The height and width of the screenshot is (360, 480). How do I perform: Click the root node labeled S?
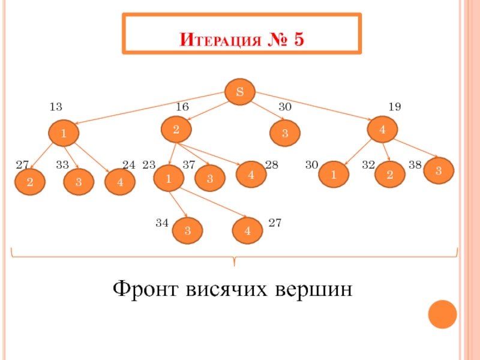click(240, 92)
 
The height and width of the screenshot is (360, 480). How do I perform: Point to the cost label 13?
click(56, 107)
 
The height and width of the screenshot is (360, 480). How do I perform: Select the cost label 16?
click(182, 107)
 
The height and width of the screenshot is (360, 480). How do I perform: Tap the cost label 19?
click(394, 107)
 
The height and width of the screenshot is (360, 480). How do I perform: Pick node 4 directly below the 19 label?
click(382, 129)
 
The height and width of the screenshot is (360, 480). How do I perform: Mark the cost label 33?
click(62, 164)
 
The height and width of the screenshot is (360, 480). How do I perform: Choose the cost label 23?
click(149, 164)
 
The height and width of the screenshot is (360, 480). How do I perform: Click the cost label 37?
click(189, 164)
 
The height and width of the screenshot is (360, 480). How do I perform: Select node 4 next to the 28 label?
click(250, 175)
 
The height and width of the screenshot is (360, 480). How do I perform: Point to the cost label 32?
click(368, 164)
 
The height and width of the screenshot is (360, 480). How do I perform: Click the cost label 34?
click(162, 223)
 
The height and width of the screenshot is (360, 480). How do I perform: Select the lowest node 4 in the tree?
click(248, 231)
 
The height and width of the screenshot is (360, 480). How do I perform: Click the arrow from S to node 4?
click(312, 109)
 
